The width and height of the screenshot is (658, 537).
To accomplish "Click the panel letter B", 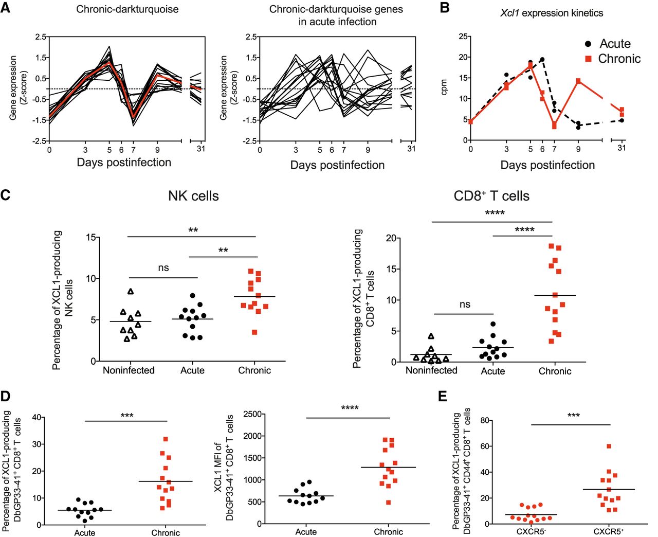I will pyautogui.click(x=445, y=8).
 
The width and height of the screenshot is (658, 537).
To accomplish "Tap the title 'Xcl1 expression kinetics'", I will pyautogui.click(x=552, y=13).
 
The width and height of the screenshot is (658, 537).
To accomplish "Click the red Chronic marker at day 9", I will pyautogui.click(x=578, y=81).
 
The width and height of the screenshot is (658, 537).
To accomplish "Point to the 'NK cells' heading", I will pyautogui.click(x=193, y=196).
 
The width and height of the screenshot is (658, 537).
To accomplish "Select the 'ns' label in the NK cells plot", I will pyautogui.click(x=163, y=267).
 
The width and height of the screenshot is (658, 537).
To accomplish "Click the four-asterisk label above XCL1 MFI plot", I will pyautogui.click(x=350, y=408).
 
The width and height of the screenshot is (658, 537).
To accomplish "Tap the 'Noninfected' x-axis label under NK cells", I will pyautogui.click(x=129, y=370).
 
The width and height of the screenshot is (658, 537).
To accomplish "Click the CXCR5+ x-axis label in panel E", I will pyautogui.click(x=608, y=531).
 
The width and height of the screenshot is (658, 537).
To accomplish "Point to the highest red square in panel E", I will pyautogui.click(x=609, y=446).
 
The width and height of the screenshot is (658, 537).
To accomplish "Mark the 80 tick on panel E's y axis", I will pyautogui.click(x=484, y=420).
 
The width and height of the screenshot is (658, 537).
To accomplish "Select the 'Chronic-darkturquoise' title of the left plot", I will pyautogui.click(x=127, y=9).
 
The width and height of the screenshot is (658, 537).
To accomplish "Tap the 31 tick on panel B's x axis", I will pyautogui.click(x=622, y=148).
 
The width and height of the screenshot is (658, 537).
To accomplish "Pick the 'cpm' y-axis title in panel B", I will pyautogui.click(x=445, y=87).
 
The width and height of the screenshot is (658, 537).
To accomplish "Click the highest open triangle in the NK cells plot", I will pyautogui.click(x=131, y=292).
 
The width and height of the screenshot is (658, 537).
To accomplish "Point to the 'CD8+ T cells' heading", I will pyautogui.click(x=491, y=196).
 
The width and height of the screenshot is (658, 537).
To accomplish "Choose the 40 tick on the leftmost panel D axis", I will pyautogui.click(x=36, y=417).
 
